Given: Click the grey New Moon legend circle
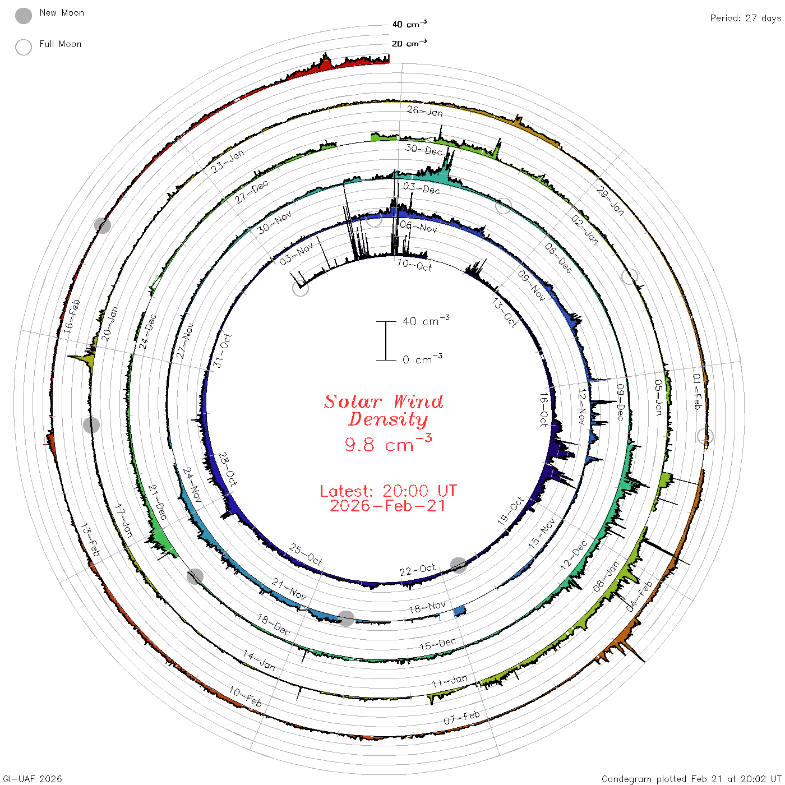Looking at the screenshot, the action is (23, 16).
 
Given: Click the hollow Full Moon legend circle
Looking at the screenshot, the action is (23, 47).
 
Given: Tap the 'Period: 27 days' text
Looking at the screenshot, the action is (746, 19).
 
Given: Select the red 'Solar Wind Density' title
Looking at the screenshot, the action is (384, 410).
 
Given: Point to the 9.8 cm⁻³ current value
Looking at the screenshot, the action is (388, 443).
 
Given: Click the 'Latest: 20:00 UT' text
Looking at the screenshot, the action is (388, 491).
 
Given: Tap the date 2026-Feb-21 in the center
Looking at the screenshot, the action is (387, 506).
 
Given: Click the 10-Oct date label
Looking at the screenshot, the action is (414, 266).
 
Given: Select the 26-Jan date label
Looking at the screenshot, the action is (424, 111).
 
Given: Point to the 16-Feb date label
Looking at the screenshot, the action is (72, 316).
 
